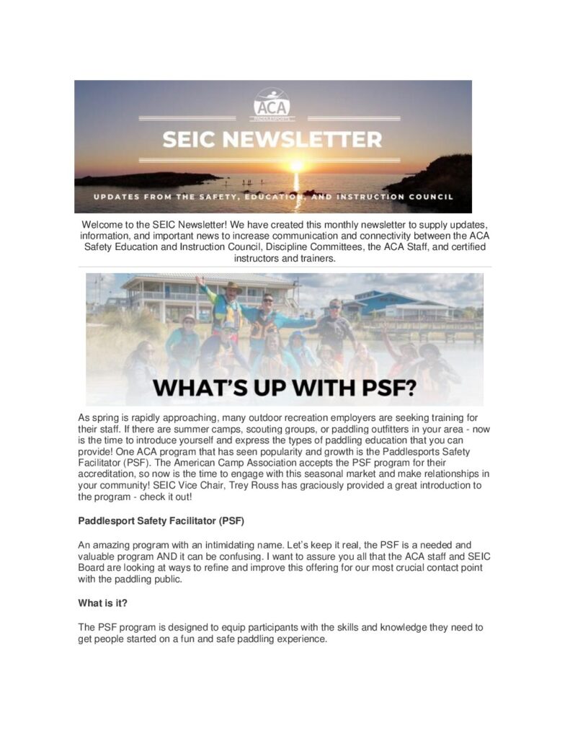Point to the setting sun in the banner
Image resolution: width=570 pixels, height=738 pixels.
tap(296, 166)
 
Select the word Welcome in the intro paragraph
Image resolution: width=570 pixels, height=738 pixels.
tap(104, 226)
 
